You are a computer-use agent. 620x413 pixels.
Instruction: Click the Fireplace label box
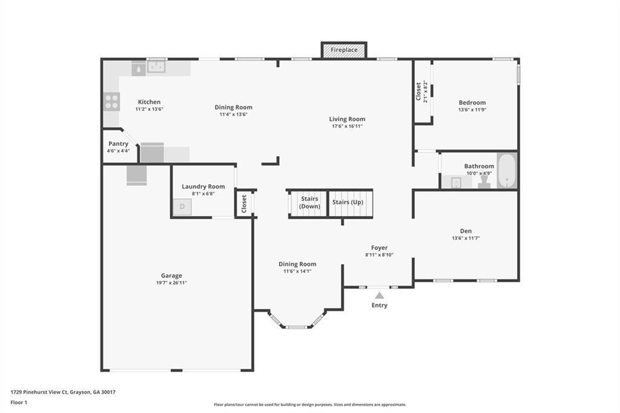(x=344, y=50)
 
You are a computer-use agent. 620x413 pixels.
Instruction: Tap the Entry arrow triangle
(x=379, y=296)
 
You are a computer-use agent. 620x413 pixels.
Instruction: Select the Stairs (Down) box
(x=309, y=203)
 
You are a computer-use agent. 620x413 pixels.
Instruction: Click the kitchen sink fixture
(x=157, y=67)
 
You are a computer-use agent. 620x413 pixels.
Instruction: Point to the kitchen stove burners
(x=111, y=102)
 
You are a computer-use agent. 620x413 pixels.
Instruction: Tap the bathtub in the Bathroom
(x=506, y=171)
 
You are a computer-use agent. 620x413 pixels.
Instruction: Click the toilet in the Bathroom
(x=484, y=182)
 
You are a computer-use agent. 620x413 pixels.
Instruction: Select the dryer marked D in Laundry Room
(x=182, y=207)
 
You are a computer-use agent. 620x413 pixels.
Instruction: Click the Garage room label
(x=171, y=276)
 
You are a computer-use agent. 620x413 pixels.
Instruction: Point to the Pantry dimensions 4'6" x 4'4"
(x=119, y=151)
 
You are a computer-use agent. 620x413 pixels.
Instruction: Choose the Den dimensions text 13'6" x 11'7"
(x=466, y=238)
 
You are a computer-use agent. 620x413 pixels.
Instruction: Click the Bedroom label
(x=472, y=102)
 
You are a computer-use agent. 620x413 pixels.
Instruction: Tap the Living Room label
(x=347, y=119)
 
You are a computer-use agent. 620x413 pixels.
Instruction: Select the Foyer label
(x=379, y=248)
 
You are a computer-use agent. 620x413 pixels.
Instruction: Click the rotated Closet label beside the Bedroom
(x=419, y=92)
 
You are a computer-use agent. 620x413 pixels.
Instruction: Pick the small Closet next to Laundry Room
(x=244, y=203)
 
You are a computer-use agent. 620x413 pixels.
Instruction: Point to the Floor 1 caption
(x=20, y=402)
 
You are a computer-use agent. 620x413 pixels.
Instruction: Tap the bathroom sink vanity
(x=455, y=182)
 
